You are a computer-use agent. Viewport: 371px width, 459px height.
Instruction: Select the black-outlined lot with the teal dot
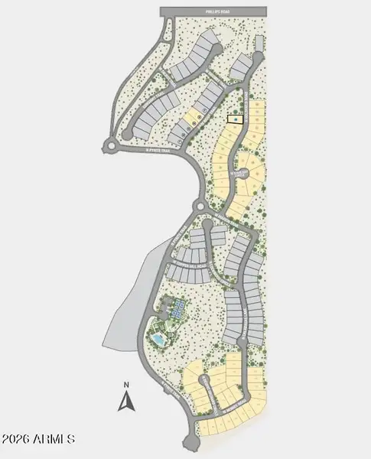click(234, 119)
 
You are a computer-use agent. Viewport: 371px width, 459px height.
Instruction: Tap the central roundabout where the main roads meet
click(201, 207)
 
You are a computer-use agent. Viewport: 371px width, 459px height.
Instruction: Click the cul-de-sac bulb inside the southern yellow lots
click(204, 379)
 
